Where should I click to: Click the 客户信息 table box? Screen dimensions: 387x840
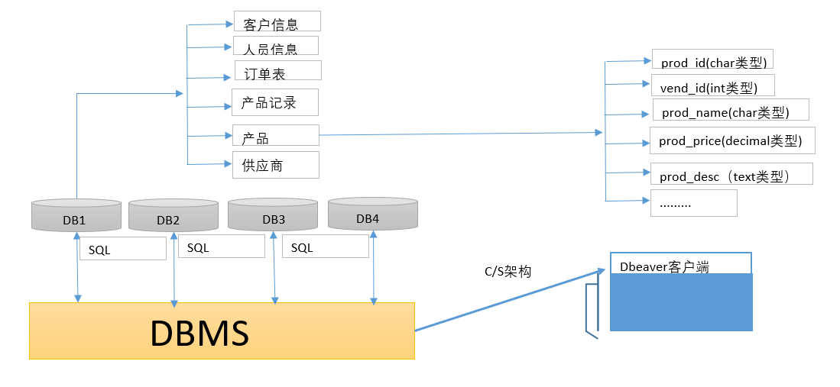(x=277, y=21)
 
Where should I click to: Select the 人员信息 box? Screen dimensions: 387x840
(x=275, y=46)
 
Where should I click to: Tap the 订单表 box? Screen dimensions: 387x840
(x=277, y=71)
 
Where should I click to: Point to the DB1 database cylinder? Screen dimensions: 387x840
(x=76, y=215)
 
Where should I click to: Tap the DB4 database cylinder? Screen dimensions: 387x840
(x=372, y=214)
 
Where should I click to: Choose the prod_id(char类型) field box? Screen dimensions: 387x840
(x=709, y=60)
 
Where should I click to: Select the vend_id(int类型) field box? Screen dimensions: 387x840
(x=712, y=85)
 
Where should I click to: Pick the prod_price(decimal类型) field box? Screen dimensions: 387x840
(x=731, y=141)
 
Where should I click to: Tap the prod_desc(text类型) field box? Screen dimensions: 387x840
(x=731, y=174)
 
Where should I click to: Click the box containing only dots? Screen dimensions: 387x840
(x=693, y=203)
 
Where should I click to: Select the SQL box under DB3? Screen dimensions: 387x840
(x=325, y=247)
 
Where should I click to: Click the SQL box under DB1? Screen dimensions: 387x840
(x=122, y=249)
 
